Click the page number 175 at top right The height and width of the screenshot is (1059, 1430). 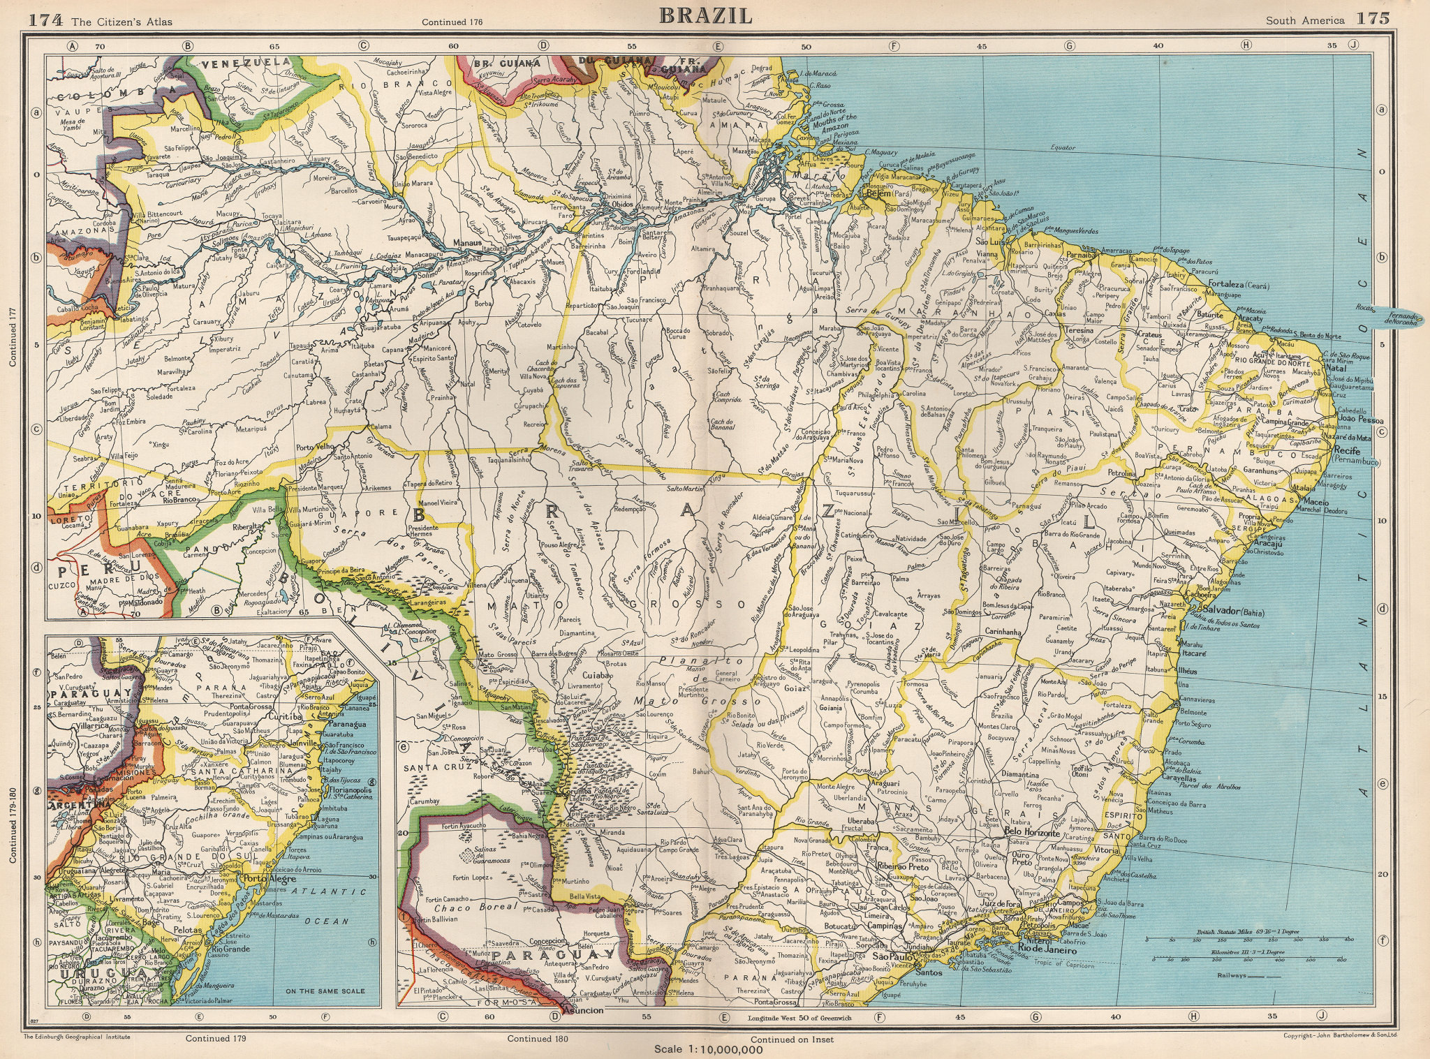tap(1372, 19)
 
